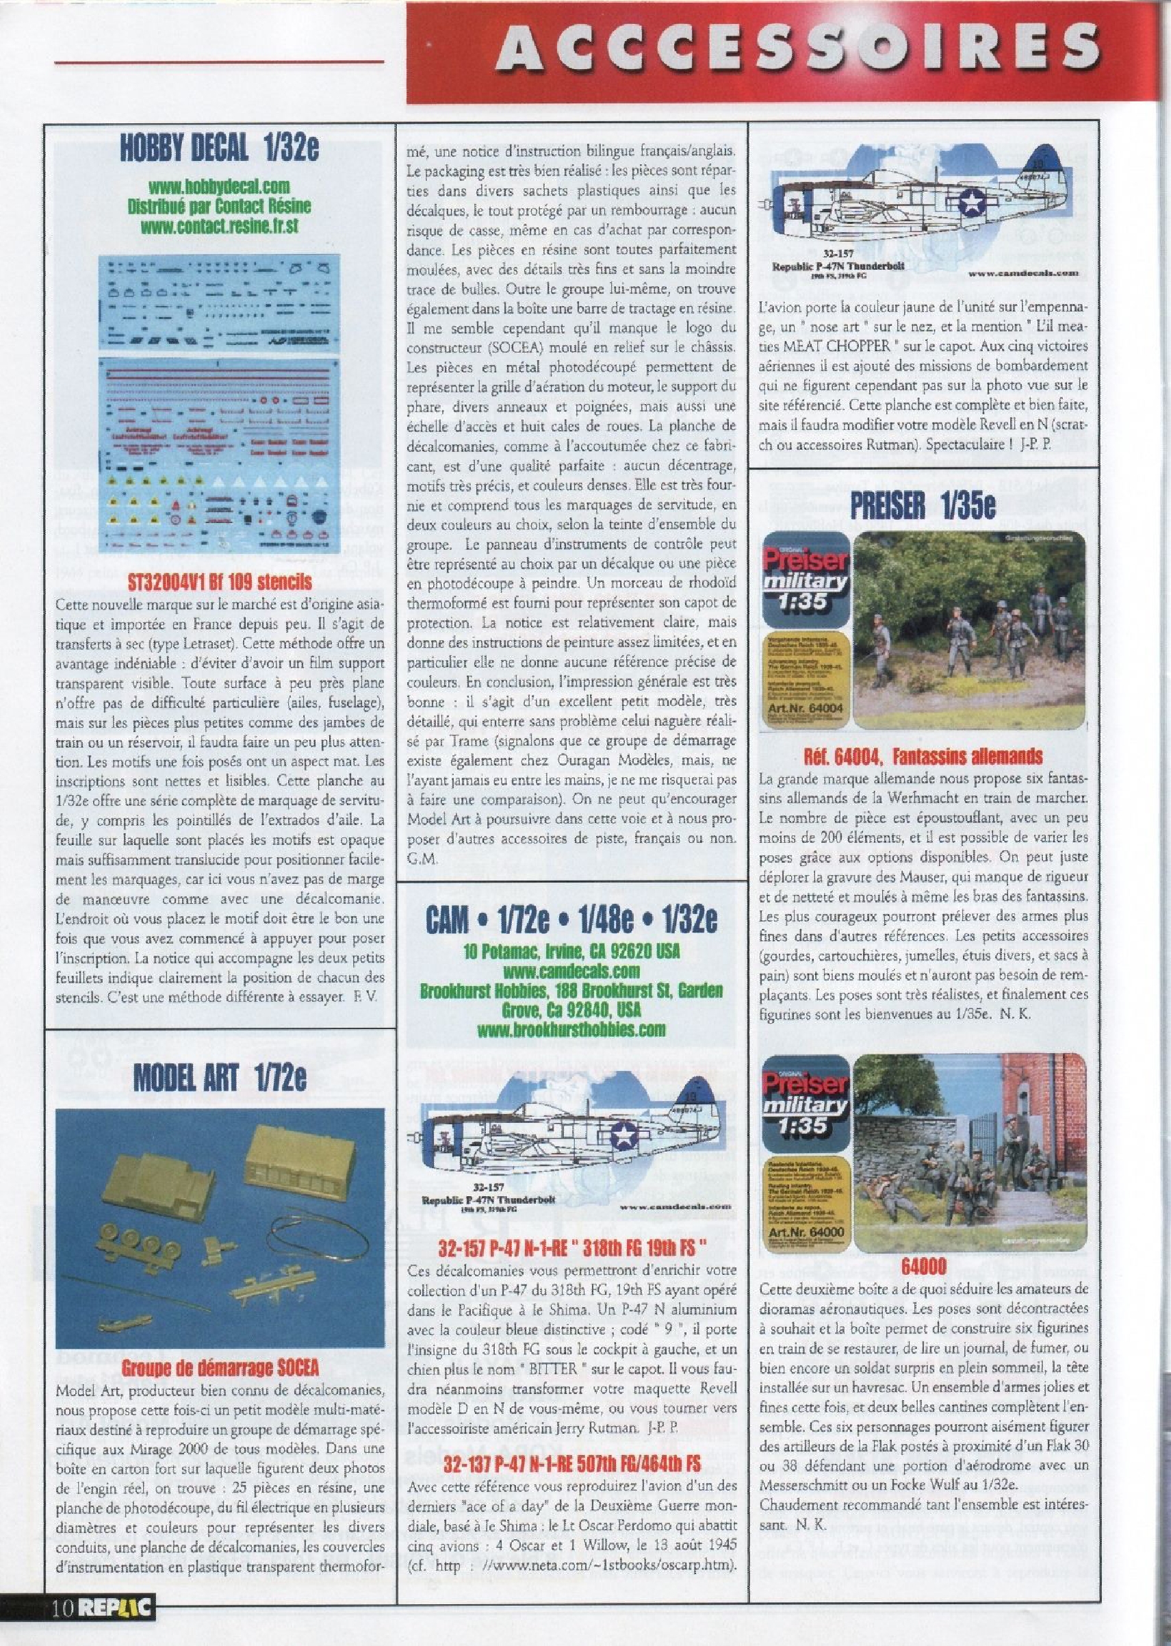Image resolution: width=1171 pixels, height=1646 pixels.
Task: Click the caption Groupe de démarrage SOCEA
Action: point(220,1347)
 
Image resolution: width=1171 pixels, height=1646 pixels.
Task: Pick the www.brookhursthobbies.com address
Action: point(571,1029)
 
